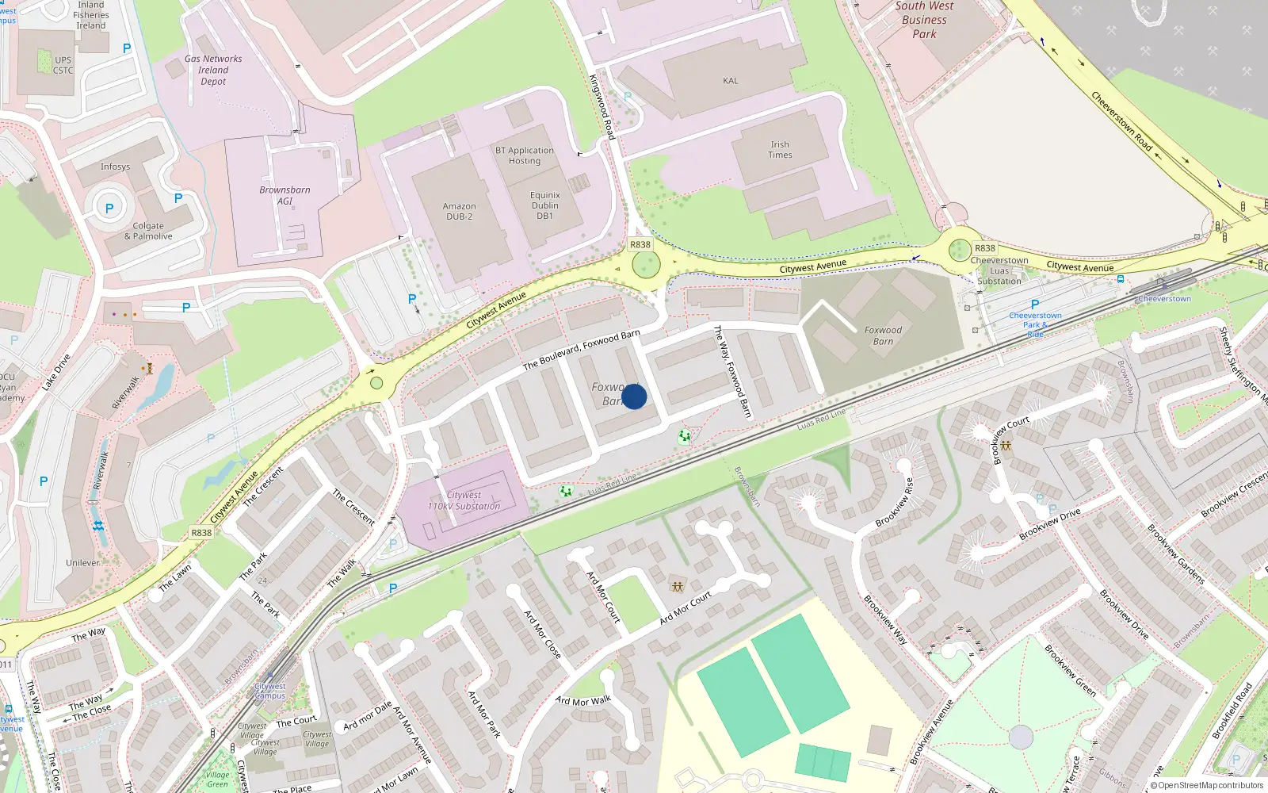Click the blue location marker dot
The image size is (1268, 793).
pyautogui.click(x=634, y=396)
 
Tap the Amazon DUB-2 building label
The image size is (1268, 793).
pyautogui.click(x=459, y=211)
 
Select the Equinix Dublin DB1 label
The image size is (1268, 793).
pyautogui.click(x=544, y=205)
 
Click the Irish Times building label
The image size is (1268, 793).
pyautogui.click(x=780, y=150)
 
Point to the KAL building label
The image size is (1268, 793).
pyautogui.click(x=730, y=81)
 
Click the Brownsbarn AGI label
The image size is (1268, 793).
pyautogui.click(x=285, y=195)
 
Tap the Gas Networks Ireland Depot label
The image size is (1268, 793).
pyautogui.click(x=213, y=70)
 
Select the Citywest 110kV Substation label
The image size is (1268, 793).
pyautogui.click(x=464, y=500)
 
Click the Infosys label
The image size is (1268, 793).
pyautogui.click(x=115, y=167)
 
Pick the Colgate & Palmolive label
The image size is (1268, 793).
pyautogui.click(x=148, y=231)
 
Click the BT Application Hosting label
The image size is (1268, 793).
pyautogui.click(x=524, y=155)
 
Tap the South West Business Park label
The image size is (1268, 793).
pyautogui.click(x=924, y=20)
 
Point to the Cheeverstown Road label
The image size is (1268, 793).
pyautogui.click(x=1121, y=121)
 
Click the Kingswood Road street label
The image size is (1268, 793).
pyautogui.click(x=602, y=107)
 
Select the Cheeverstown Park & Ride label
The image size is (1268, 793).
pyautogui.click(x=1035, y=324)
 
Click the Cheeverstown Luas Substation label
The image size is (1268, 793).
pyautogui.click(x=999, y=270)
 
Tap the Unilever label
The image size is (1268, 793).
pyautogui.click(x=83, y=563)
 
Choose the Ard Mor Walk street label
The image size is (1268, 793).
pyautogui.click(x=582, y=701)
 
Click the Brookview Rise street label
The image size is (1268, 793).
pyautogui.click(x=895, y=503)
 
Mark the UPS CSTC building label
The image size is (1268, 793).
pyautogui.click(x=63, y=65)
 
